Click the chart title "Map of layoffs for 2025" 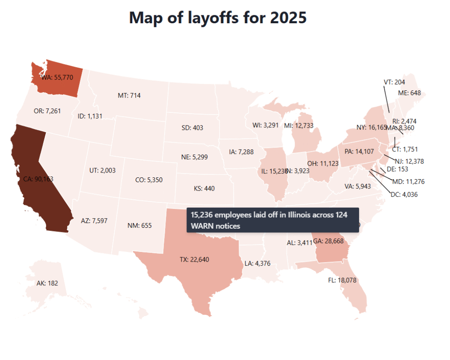pos(218,18)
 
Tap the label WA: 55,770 pos(60,77)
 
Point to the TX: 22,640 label pos(194,259)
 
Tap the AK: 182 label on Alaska pos(47,283)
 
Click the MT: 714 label pos(129,95)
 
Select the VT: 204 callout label pos(394,82)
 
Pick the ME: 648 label pos(410,93)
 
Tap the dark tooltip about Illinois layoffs pos(272,220)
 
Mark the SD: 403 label pos(192,128)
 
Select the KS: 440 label pos(204,188)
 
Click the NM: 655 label pos(139,226)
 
